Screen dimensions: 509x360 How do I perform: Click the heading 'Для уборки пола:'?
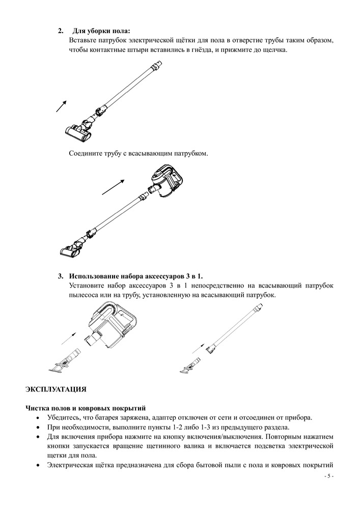tap(105, 31)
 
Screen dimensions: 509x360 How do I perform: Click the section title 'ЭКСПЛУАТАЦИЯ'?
tap(56, 389)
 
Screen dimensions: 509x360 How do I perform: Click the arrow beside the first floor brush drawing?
tap(61, 105)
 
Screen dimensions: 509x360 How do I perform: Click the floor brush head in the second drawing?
tap(71, 249)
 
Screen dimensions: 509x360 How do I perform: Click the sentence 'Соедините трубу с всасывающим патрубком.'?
tap(139, 153)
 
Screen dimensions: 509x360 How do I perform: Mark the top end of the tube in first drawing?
tap(159, 64)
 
